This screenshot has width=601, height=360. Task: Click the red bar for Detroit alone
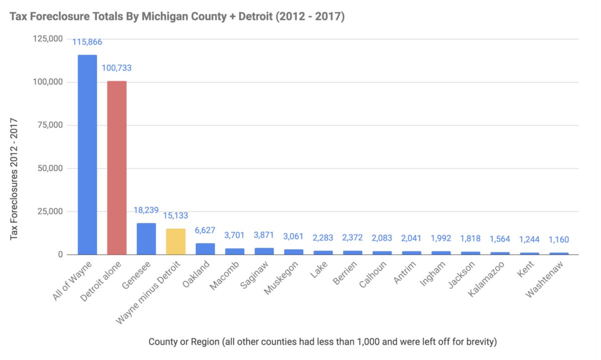(117, 168)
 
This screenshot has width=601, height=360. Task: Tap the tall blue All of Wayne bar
(87, 155)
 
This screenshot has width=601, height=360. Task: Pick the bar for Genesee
(146, 239)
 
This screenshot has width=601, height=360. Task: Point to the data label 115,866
(87, 42)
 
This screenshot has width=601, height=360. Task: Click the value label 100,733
(117, 68)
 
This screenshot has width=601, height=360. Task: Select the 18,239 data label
(146, 210)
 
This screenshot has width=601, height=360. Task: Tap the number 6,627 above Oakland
(205, 231)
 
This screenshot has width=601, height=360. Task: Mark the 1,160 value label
(559, 239)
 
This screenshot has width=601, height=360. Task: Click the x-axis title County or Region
(323, 341)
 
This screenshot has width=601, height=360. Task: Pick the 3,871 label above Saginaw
(264, 235)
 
